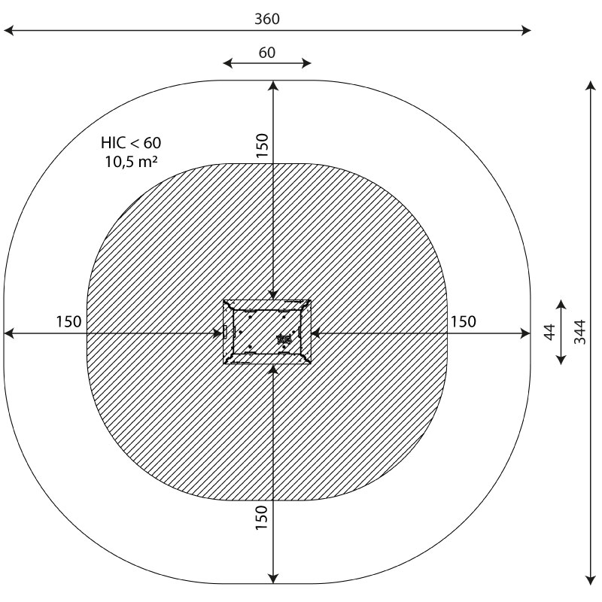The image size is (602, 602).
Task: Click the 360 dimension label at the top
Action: (267, 19)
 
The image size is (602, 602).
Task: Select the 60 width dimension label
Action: (267, 53)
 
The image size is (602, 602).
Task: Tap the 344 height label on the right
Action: (579, 332)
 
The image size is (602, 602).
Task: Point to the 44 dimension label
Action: (550, 332)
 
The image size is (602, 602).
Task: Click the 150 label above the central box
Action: (262, 145)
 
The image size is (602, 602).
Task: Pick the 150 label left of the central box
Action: (68, 322)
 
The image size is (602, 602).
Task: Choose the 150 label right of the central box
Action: (463, 322)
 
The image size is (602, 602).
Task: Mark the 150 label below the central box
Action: (261, 518)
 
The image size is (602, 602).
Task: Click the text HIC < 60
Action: (131, 143)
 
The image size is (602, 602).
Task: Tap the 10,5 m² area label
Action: (131, 162)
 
